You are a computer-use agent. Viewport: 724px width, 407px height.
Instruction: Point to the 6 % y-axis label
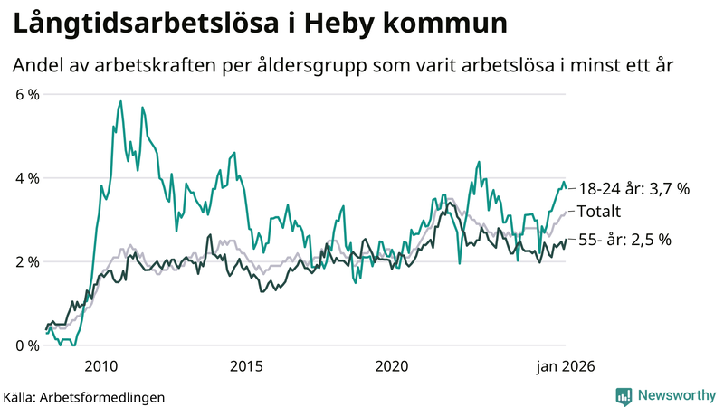point(26,94)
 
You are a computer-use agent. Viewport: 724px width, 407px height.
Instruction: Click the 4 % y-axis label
point(26,178)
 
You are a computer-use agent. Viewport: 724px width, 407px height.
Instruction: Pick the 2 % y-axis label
point(26,262)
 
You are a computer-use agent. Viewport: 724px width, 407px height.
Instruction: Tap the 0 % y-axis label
point(26,345)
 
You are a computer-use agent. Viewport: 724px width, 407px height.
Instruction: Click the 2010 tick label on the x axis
point(100,365)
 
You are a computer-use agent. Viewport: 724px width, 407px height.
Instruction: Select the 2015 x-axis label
point(246,365)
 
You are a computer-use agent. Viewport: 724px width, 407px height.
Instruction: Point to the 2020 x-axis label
point(392,365)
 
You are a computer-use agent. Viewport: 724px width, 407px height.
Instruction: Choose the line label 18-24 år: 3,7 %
point(633,189)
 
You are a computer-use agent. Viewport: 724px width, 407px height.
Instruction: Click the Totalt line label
point(599,213)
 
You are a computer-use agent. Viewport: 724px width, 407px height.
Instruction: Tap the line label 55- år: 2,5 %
point(624,240)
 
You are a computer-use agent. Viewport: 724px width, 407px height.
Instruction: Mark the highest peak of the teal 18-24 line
point(120,102)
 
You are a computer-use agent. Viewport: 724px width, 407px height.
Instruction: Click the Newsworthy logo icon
point(624,395)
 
